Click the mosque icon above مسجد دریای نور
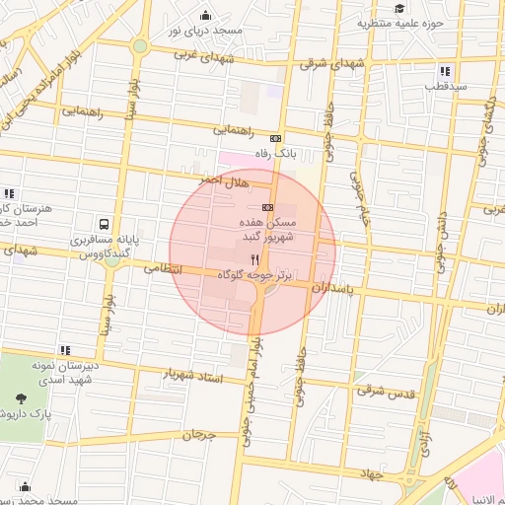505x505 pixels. click(205, 15)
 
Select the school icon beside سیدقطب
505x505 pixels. click(445, 71)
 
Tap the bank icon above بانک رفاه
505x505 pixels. click(275, 139)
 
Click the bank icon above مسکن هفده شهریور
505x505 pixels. click(267, 207)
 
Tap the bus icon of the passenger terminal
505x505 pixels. click(104, 224)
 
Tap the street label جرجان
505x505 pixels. click(198, 434)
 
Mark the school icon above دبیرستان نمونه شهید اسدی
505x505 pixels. click(65, 350)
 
